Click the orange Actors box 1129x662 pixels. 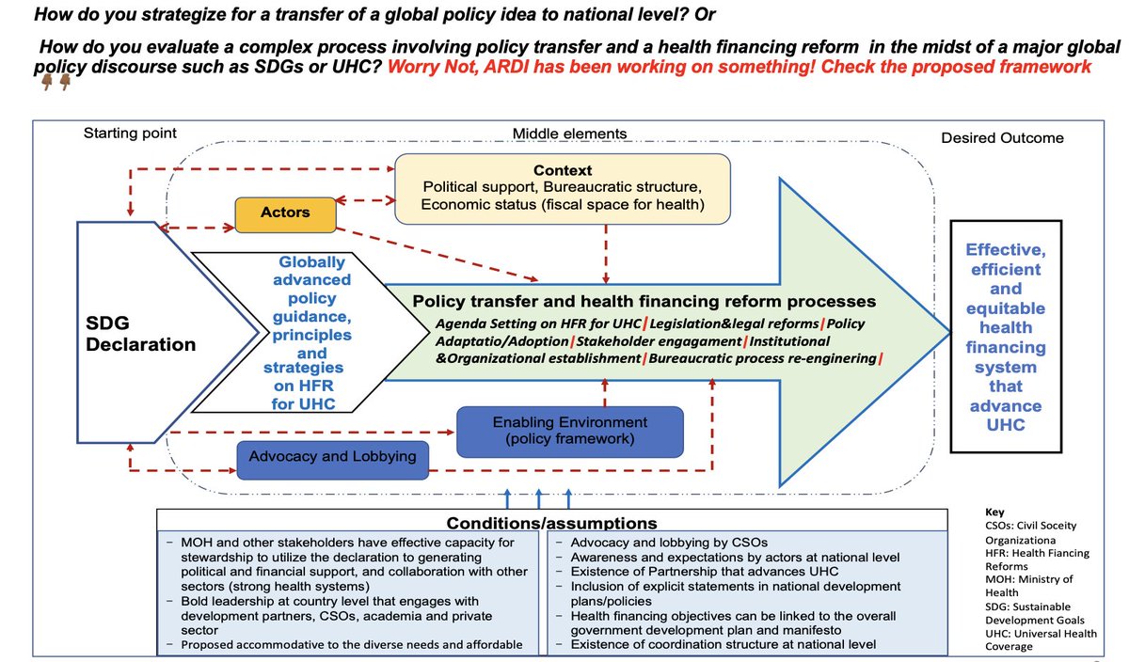pyautogui.click(x=285, y=214)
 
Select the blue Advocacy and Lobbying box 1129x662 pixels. pyautogui.click(x=333, y=460)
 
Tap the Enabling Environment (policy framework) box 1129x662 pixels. pyautogui.click(x=570, y=432)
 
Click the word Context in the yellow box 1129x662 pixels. pyautogui.click(x=563, y=170)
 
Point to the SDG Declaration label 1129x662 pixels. pyautogui.click(x=140, y=334)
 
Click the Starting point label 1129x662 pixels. pyautogui.click(x=130, y=133)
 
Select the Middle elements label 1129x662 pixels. pyautogui.click(x=569, y=134)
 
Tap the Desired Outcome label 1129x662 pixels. pyautogui.click(x=1002, y=138)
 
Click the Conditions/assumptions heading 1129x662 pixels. pyautogui.click(x=552, y=523)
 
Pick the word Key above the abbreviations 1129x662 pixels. pyautogui.click(x=994, y=512)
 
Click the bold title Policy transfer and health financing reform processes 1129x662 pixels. pyautogui.click(x=644, y=301)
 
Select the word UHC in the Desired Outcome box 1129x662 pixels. pyautogui.click(x=1006, y=425)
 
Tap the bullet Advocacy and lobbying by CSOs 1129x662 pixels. pyautogui.click(x=669, y=543)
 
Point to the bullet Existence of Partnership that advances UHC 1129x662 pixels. pyautogui.click(x=705, y=572)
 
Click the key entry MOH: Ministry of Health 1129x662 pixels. pyautogui.click(x=1029, y=586)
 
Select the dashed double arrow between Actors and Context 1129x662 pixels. pyautogui.click(x=365, y=200)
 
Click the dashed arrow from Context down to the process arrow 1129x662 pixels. pyautogui.click(x=606, y=254)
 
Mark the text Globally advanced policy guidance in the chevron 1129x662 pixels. pyautogui.click(x=312, y=290)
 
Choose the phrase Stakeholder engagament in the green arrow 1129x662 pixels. pyautogui.click(x=659, y=341)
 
